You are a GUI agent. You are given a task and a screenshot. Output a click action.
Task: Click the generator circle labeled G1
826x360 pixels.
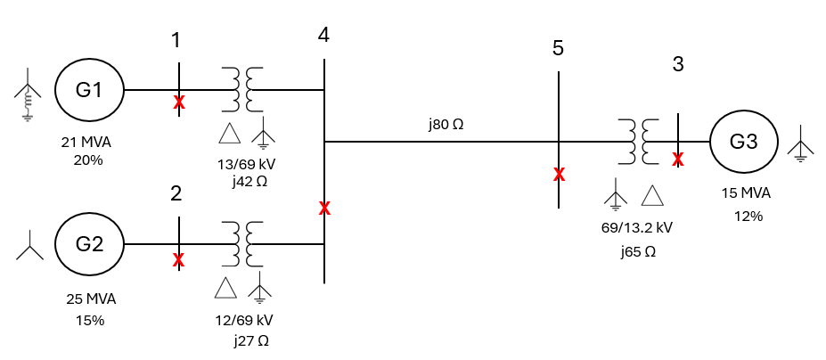pyautogui.click(x=89, y=90)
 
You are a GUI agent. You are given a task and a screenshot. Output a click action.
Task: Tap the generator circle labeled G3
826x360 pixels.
pyautogui.click(x=743, y=141)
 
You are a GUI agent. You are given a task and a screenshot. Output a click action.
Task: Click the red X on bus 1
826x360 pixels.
pyautogui.click(x=179, y=102)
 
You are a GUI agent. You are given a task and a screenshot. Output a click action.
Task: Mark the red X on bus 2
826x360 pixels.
pyautogui.click(x=179, y=260)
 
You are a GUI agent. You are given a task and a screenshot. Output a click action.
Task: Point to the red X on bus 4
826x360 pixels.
pyautogui.click(x=325, y=209)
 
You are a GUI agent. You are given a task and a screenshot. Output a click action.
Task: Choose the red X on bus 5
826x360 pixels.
pyautogui.click(x=559, y=174)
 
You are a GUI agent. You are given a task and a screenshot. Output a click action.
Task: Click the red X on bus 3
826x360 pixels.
pyautogui.click(x=678, y=160)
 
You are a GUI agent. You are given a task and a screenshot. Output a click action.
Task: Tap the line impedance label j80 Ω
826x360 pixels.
pyautogui.click(x=446, y=124)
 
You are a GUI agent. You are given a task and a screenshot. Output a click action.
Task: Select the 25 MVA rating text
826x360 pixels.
pyautogui.click(x=91, y=298)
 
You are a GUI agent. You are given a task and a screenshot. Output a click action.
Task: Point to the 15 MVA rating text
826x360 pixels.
pyautogui.click(x=746, y=193)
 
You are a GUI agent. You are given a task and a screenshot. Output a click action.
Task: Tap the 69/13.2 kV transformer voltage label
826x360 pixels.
pyautogui.click(x=636, y=227)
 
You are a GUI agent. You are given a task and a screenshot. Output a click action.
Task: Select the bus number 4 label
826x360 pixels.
pyautogui.click(x=323, y=35)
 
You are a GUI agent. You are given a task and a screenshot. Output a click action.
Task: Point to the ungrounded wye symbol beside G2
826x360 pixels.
pyautogui.click(x=29, y=243)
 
